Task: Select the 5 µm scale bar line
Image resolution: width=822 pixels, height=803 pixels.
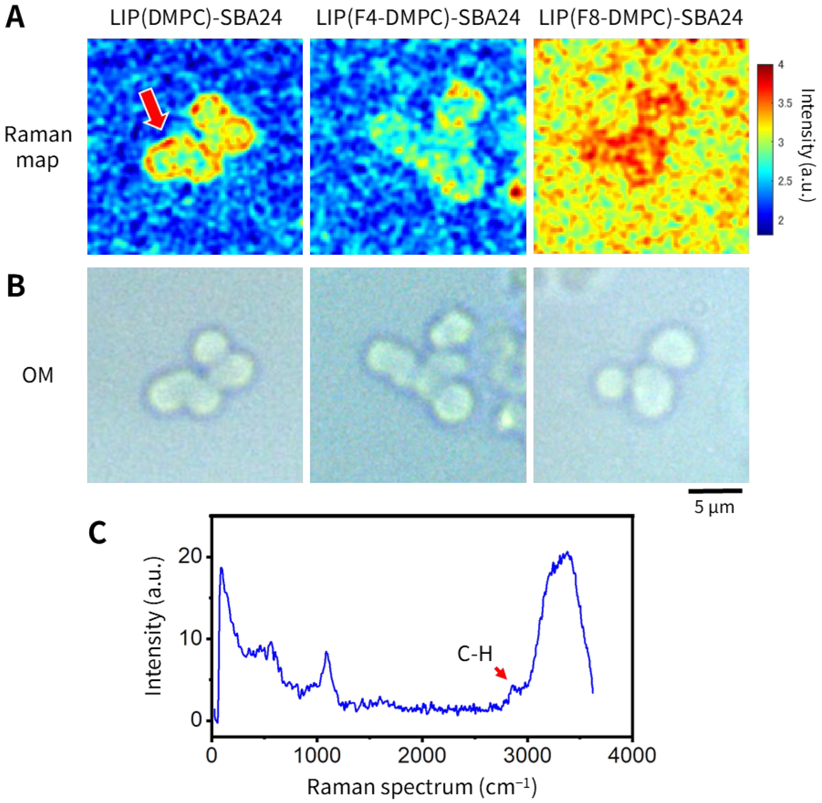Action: pos(715,491)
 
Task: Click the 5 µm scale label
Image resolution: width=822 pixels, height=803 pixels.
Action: pos(714,507)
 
